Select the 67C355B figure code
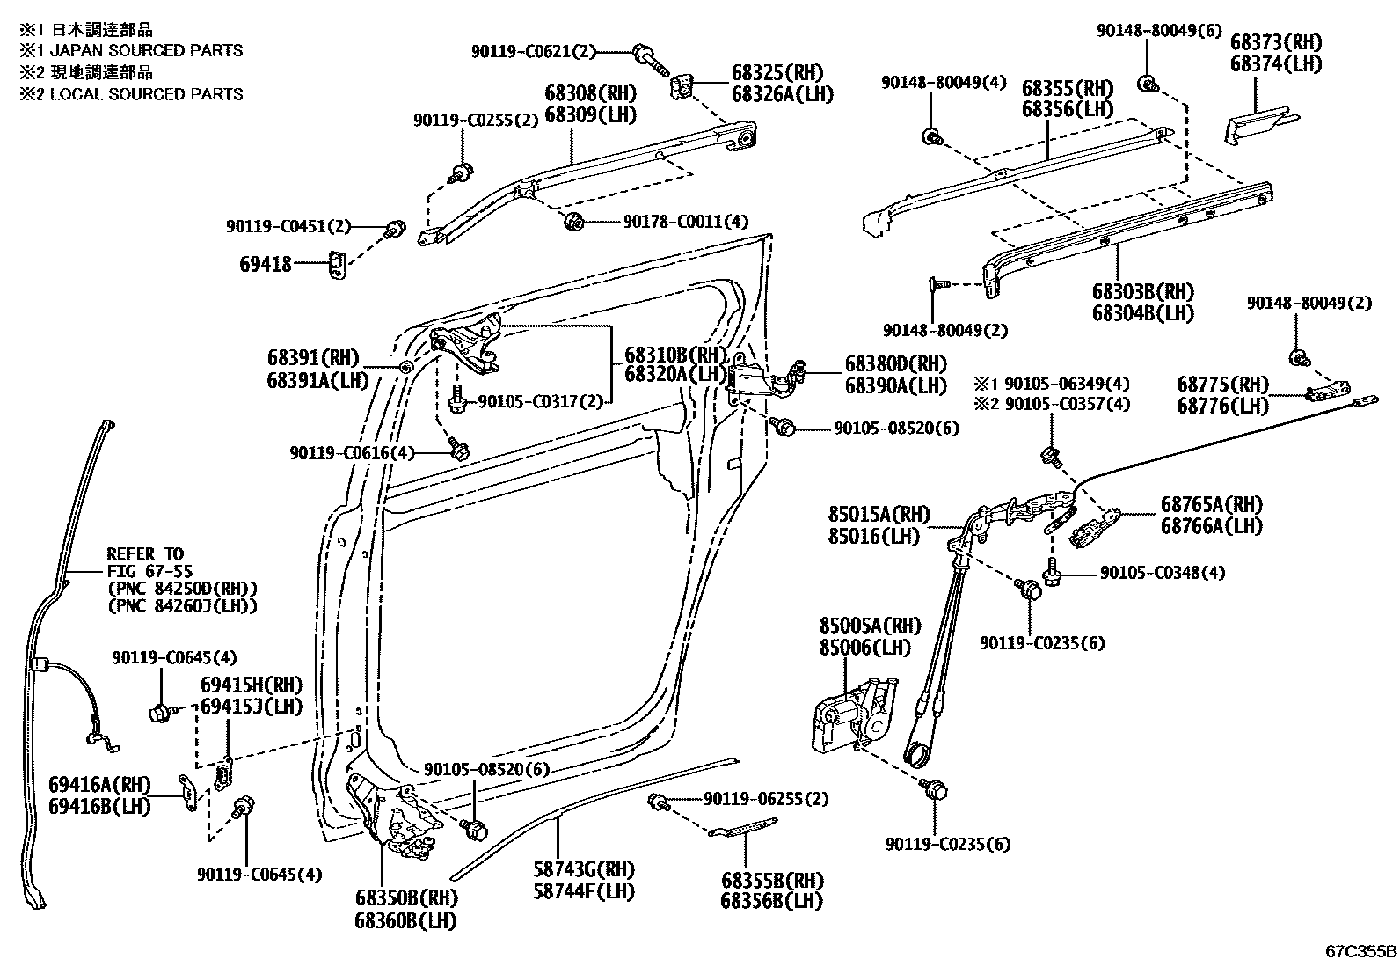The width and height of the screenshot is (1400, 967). coord(1361,951)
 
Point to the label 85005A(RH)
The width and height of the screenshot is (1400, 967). coord(870,626)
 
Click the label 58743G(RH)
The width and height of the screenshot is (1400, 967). coord(583,869)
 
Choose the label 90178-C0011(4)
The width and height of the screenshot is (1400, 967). coord(686,222)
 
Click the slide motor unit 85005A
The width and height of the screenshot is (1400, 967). coord(849,713)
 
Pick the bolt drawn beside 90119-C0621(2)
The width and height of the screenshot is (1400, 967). coord(651,59)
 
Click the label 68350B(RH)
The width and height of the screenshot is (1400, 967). coord(406,899)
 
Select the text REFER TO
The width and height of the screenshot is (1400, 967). coord(145,553)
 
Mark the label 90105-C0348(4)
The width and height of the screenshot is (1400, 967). coord(1163,573)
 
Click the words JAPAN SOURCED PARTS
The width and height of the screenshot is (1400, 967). coord(146,51)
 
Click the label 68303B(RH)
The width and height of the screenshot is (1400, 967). coord(1143,291)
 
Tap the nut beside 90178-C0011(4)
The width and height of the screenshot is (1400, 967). coord(574,221)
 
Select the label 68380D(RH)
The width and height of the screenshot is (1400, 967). coord(895,363)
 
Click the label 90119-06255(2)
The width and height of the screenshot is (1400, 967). coord(765,799)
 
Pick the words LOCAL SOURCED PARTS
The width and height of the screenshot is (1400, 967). coord(146,94)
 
